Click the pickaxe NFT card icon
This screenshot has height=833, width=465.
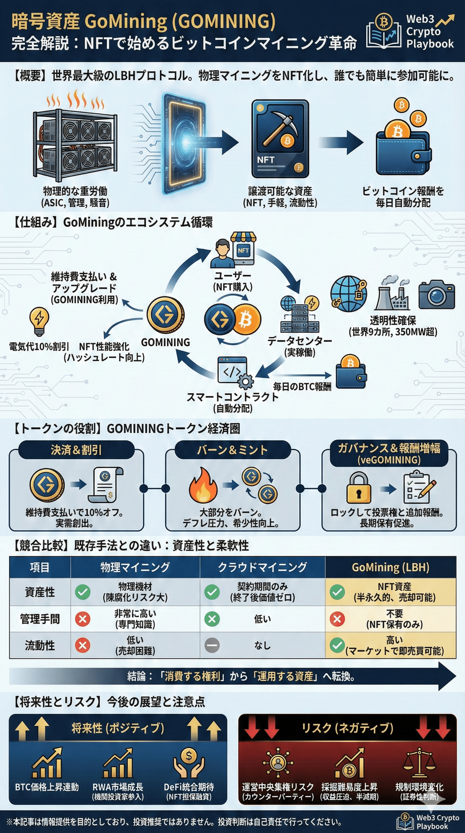tap(280, 139)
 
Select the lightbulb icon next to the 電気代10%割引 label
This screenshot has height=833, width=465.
tap(39, 321)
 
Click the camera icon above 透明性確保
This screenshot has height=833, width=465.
tap(436, 294)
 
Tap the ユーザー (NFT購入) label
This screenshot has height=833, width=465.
tap(232, 281)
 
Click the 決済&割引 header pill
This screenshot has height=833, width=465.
tap(76, 450)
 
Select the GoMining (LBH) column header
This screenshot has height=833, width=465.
tap(390, 567)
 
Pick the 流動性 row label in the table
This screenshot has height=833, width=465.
tap(40, 645)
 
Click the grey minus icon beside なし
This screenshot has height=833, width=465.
tap(212, 645)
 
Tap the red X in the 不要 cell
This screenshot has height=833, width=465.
tap(337, 619)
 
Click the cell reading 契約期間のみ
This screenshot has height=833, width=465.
tap(262, 592)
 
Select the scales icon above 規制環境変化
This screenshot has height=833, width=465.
tap(419, 763)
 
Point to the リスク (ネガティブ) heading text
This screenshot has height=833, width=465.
tap(347, 728)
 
